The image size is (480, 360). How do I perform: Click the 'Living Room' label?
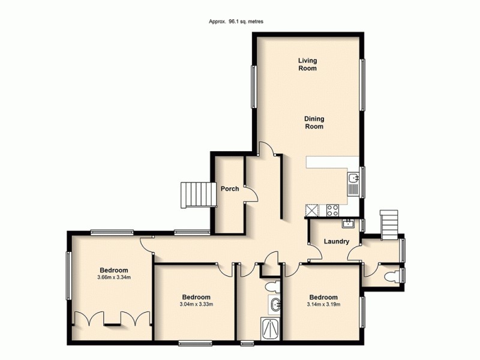click(308, 64)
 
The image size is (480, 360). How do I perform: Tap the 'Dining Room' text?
click(313, 123)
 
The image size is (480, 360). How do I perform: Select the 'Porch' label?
click(230, 188)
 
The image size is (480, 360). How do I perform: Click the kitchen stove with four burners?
click(332, 210)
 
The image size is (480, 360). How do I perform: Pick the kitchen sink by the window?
click(353, 179)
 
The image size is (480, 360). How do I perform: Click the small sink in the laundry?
click(347, 224)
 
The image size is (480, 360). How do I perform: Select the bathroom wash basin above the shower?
click(274, 304)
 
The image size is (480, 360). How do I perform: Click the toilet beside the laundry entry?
click(391, 275)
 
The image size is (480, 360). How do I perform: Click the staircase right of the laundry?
click(389, 223)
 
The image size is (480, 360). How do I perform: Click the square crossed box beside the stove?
click(313, 210)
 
